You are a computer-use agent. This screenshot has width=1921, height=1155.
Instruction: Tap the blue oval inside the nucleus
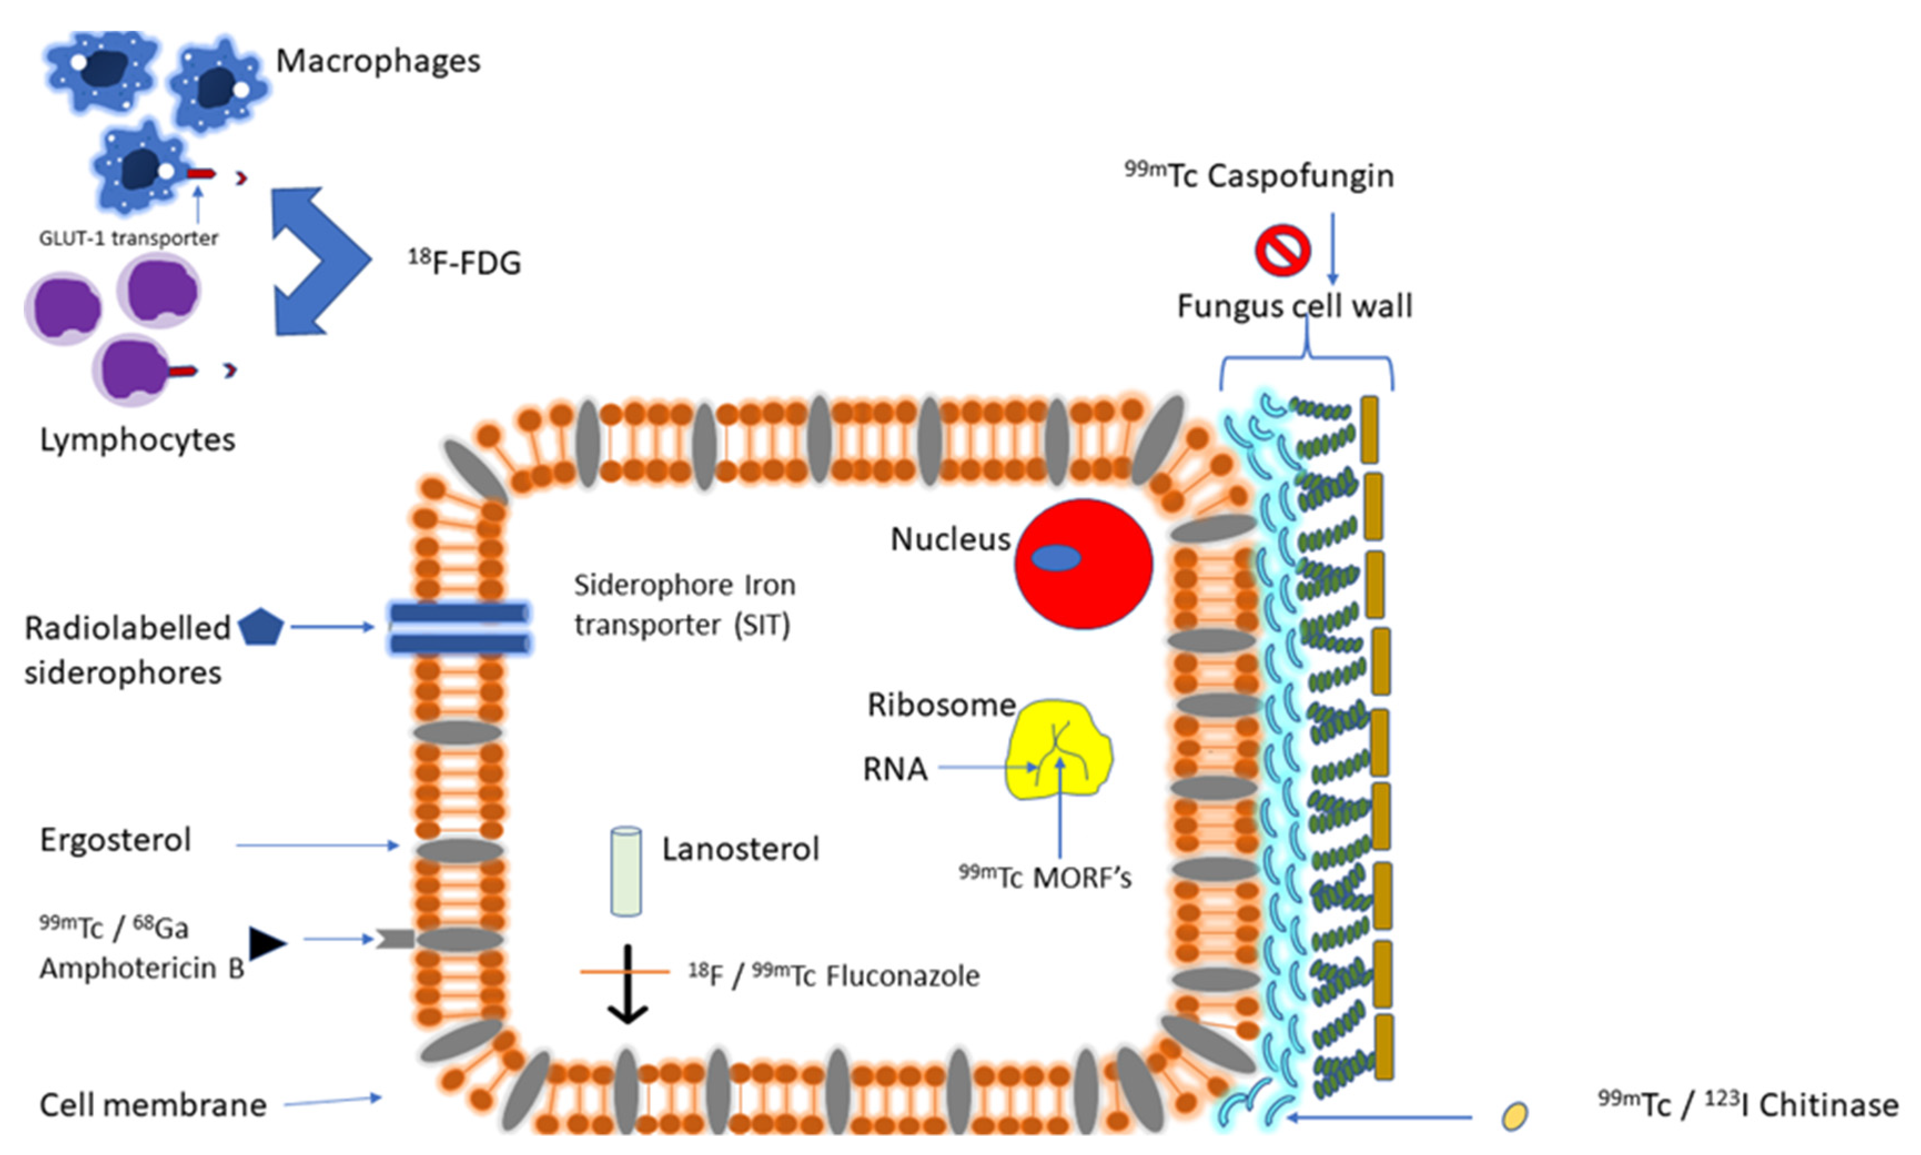click(1056, 558)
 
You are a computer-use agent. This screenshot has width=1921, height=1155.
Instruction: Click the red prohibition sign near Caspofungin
click(1282, 251)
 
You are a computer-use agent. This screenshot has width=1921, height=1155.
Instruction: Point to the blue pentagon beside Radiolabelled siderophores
click(261, 628)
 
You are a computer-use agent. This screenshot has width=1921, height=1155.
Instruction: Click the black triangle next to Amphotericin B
click(266, 943)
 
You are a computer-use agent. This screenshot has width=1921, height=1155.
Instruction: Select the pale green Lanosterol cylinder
click(626, 871)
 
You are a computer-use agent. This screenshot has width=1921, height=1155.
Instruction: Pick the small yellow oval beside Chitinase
click(1514, 1115)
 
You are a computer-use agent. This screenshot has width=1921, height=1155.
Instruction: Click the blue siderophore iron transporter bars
click(460, 628)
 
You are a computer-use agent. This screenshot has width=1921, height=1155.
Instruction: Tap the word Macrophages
click(378, 60)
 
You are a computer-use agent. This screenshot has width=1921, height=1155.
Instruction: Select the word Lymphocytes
click(138, 440)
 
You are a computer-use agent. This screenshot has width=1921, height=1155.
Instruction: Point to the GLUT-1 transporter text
click(128, 237)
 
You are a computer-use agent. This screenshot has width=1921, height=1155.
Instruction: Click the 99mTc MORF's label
click(1044, 877)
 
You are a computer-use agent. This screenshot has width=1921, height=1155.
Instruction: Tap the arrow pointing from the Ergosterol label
click(317, 844)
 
